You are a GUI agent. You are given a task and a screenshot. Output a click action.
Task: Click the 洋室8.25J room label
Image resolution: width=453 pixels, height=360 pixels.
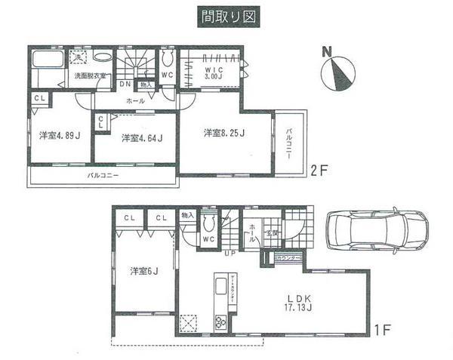click(224, 134)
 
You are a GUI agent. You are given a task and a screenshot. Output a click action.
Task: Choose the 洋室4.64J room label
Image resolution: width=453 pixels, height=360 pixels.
click(141, 137)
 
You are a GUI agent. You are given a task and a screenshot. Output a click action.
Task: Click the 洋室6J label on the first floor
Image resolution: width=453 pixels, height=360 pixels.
click(143, 269)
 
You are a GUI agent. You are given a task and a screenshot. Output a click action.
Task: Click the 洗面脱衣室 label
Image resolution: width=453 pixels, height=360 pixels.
click(89, 76)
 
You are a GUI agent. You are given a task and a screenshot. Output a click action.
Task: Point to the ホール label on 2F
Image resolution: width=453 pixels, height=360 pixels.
click(135, 100)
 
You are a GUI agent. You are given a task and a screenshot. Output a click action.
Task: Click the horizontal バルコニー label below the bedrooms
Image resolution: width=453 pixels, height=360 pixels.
click(103, 175)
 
